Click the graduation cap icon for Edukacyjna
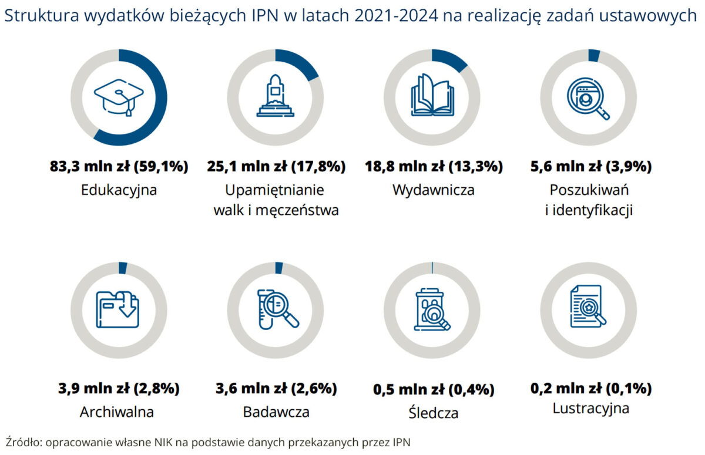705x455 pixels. tap(119, 97)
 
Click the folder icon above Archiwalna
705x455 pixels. tap(119, 309)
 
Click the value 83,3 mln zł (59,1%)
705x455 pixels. tap(119, 167)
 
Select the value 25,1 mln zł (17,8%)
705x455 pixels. tap(276, 167)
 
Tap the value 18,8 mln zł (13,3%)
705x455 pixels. tap(433, 167)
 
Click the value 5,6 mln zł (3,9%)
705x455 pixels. tap(590, 167)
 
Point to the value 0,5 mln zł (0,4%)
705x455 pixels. tap(434, 389)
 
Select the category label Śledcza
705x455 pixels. tap(433, 413)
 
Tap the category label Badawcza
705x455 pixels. tap(276, 412)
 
